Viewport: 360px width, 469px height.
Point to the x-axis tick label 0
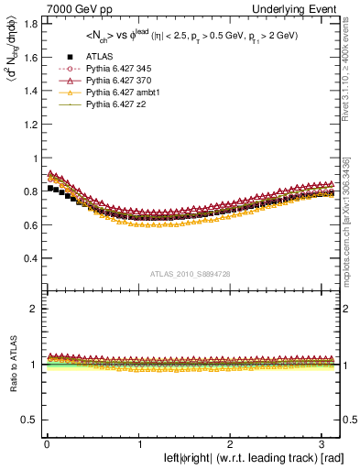click(46, 442)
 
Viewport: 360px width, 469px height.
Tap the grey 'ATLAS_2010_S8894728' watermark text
click(192, 274)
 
